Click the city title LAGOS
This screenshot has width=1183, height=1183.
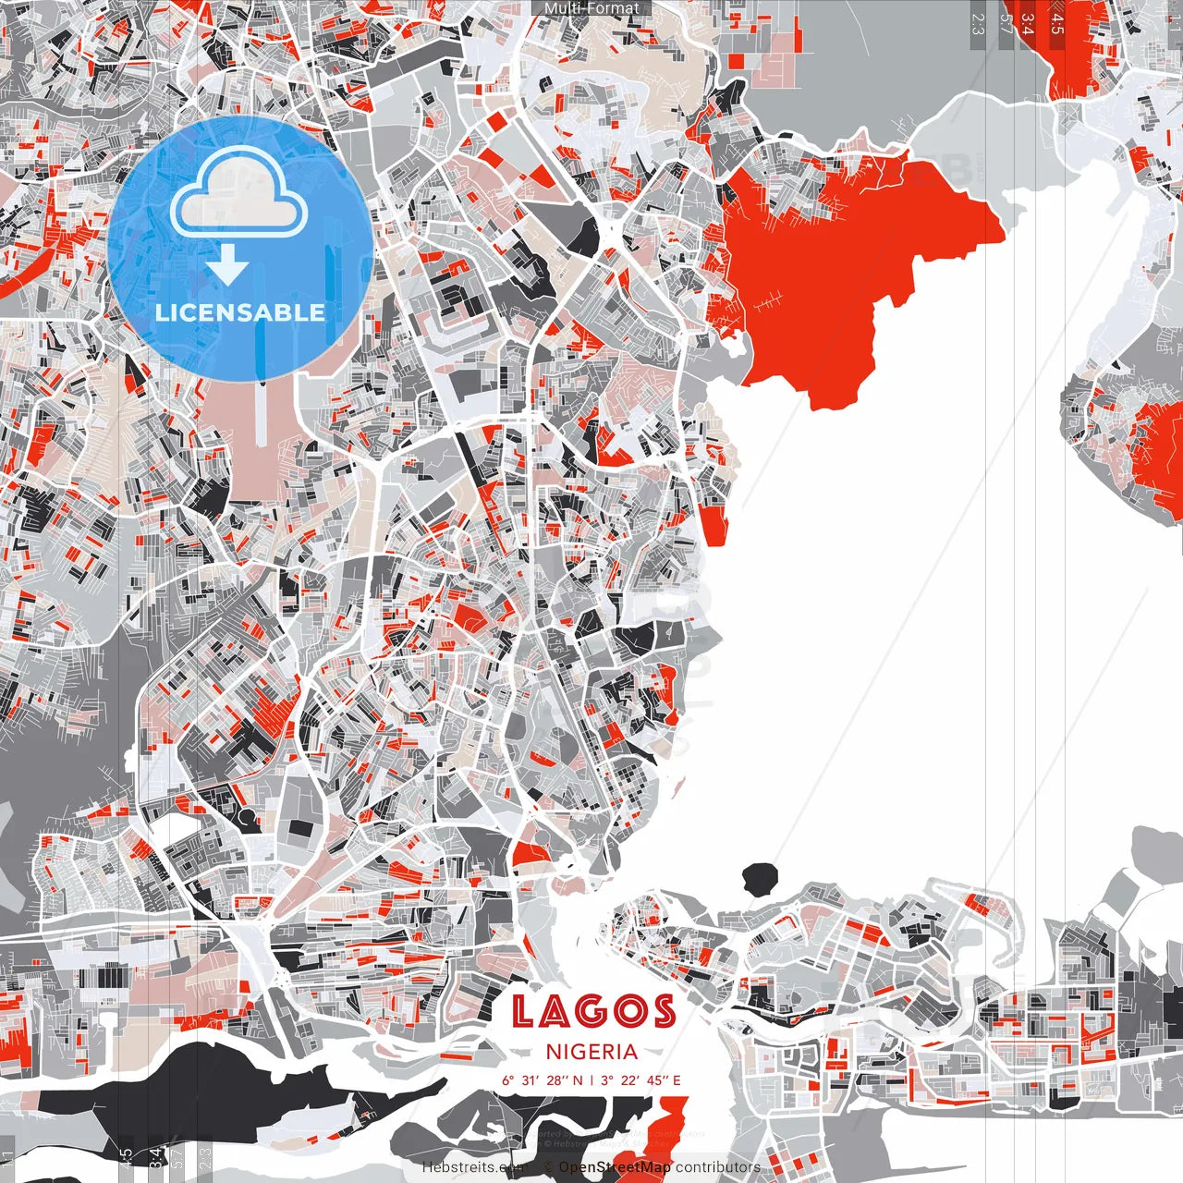pyautogui.click(x=592, y=1011)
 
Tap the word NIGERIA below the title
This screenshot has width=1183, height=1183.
pyautogui.click(x=591, y=1052)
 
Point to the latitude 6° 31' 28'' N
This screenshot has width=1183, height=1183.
pyautogui.click(x=543, y=1079)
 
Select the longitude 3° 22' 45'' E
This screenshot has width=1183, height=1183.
pyautogui.click(x=640, y=1079)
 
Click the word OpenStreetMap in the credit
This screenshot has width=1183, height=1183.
pyautogui.click(x=615, y=1167)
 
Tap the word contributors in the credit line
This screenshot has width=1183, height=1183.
pyautogui.click(x=718, y=1167)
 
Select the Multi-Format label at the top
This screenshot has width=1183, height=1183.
pyautogui.click(x=591, y=8)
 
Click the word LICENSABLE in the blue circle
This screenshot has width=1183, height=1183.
pyautogui.click(x=240, y=312)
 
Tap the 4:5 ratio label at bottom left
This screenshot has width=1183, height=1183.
pyautogui.click(x=126, y=1154)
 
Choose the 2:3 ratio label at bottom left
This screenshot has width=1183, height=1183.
pyautogui.click(x=205, y=1154)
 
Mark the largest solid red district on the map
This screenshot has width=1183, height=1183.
pyautogui.click(x=832, y=268)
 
